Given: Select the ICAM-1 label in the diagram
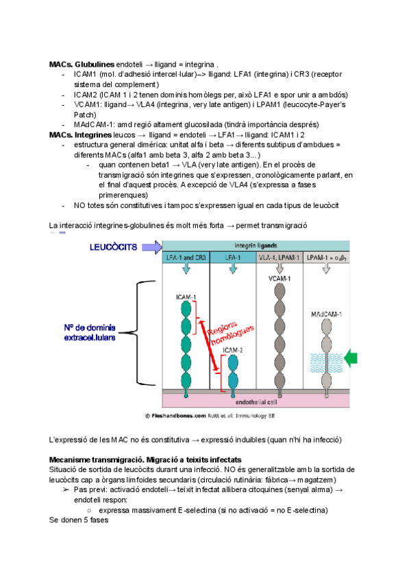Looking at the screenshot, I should (x=184, y=297).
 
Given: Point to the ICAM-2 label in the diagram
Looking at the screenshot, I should (x=233, y=348).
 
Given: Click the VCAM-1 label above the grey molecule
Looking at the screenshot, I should (x=278, y=279).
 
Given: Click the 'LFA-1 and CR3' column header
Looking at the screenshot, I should (x=185, y=257).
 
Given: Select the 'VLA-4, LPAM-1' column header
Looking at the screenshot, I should (x=279, y=257).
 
